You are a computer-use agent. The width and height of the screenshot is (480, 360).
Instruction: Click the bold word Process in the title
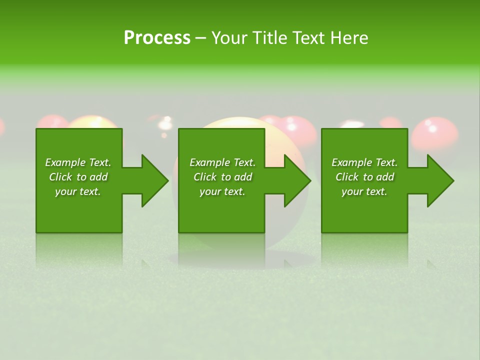coord(157,38)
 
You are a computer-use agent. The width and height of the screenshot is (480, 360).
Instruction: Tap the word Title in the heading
coord(271,38)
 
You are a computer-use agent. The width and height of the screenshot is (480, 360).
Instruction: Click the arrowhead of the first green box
coord(155,180)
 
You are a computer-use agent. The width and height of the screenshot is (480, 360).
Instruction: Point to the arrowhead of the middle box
coord(297,180)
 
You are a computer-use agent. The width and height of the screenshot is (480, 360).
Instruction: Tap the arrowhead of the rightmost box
coord(440,180)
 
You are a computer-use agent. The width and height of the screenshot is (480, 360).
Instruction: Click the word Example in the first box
coord(65,162)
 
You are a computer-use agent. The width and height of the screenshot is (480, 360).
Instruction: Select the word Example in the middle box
coord(209,162)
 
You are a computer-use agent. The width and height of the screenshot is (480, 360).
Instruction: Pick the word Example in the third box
coord(351,162)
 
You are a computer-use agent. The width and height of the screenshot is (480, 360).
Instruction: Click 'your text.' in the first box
coord(78,191)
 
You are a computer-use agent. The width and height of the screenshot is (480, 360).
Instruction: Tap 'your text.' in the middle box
coord(222,191)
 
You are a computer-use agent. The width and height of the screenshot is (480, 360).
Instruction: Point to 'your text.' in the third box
coord(364,191)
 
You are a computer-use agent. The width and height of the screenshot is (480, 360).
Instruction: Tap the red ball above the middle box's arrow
coord(298,131)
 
